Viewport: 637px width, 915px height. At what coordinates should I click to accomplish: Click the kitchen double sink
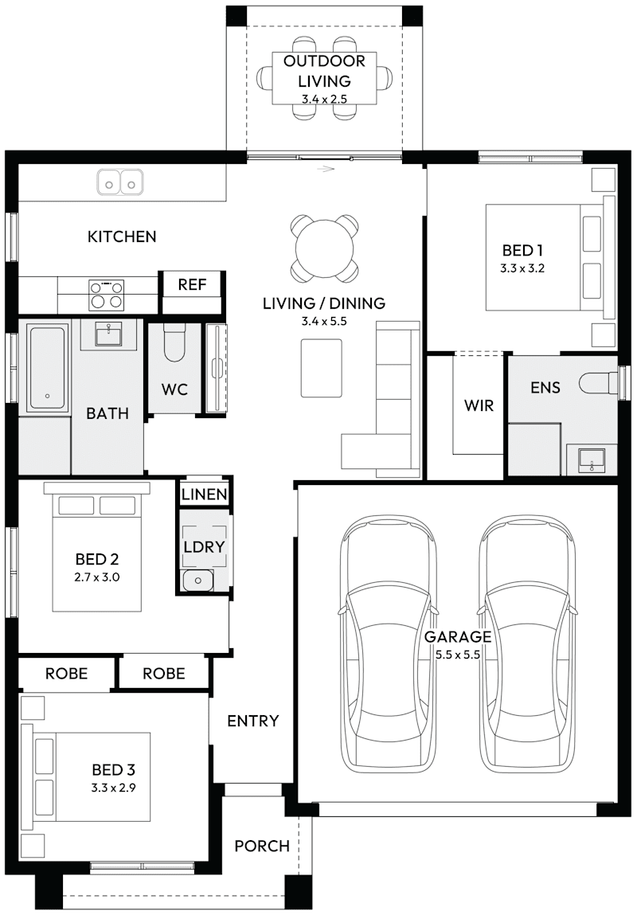[x=120, y=182]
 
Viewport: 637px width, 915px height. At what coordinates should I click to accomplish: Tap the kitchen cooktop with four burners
[x=106, y=293]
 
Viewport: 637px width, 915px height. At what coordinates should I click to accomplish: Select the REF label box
[x=192, y=284]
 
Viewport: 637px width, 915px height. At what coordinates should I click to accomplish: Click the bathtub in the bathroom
[x=47, y=366]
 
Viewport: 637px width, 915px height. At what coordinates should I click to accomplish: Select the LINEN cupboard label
[x=205, y=494]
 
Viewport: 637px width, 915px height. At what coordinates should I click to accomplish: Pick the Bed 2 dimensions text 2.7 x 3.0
[x=97, y=577]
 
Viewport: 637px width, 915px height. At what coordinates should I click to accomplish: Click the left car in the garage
[x=389, y=645]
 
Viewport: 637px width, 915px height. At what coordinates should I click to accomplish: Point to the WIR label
[x=479, y=405]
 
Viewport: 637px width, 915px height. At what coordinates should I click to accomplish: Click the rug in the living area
[x=321, y=368]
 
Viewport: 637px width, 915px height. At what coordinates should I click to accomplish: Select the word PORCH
[x=262, y=846]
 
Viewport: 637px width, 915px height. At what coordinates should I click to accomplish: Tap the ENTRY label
[x=253, y=721]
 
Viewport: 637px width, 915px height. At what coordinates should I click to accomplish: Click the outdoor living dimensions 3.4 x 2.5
[x=324, y=100]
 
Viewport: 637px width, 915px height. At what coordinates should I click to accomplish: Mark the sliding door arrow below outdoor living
[x=325, y=168]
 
